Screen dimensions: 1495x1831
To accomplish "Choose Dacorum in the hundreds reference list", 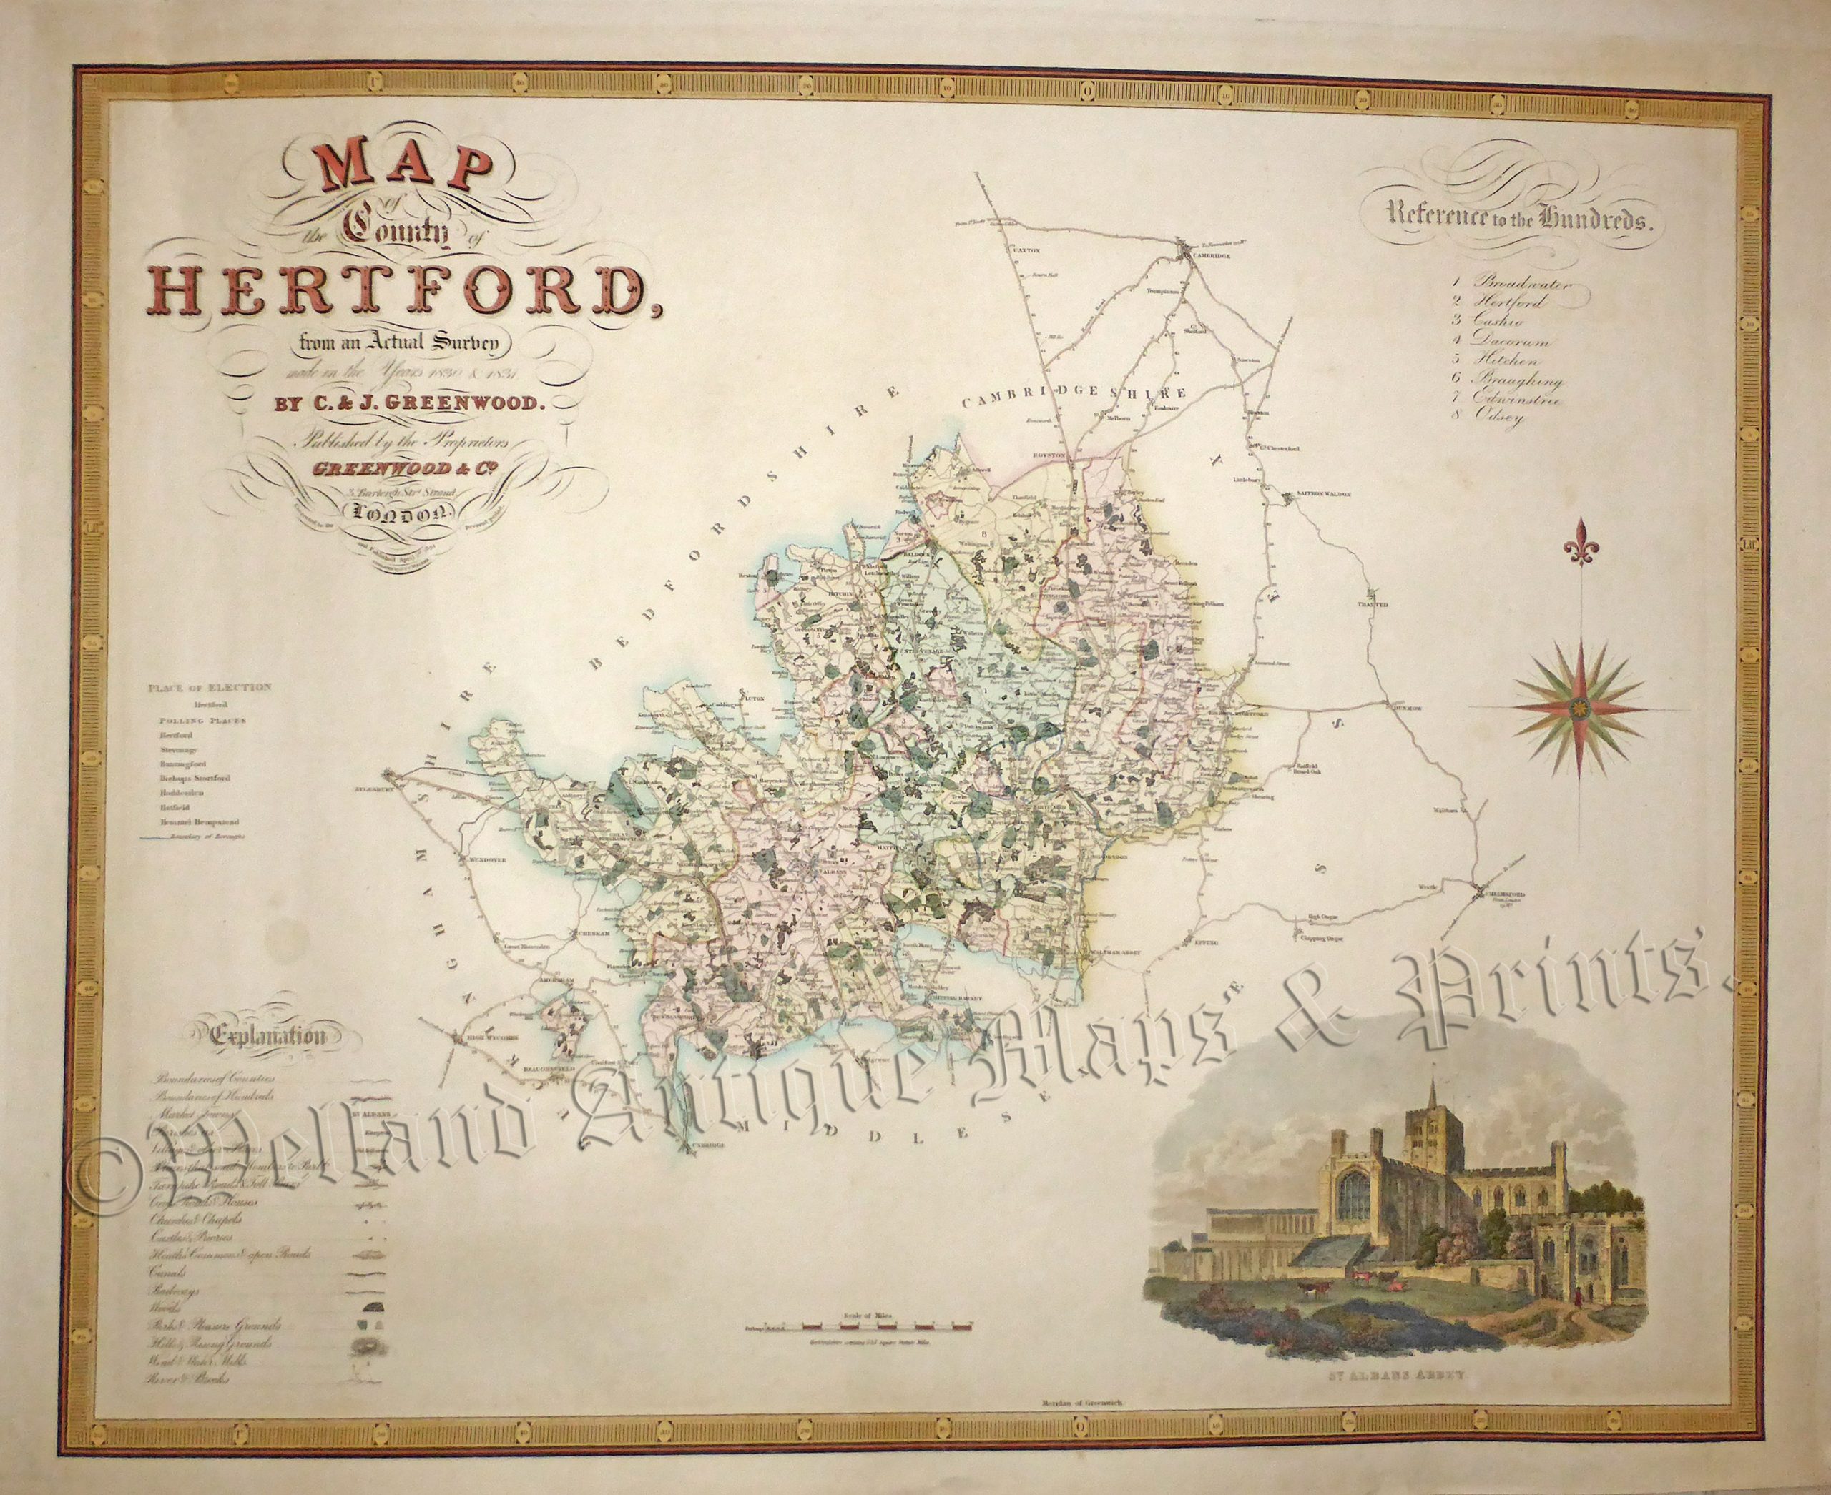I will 1521,341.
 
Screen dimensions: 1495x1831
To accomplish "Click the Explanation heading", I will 271,1036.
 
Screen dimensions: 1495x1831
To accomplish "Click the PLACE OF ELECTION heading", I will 210,687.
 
